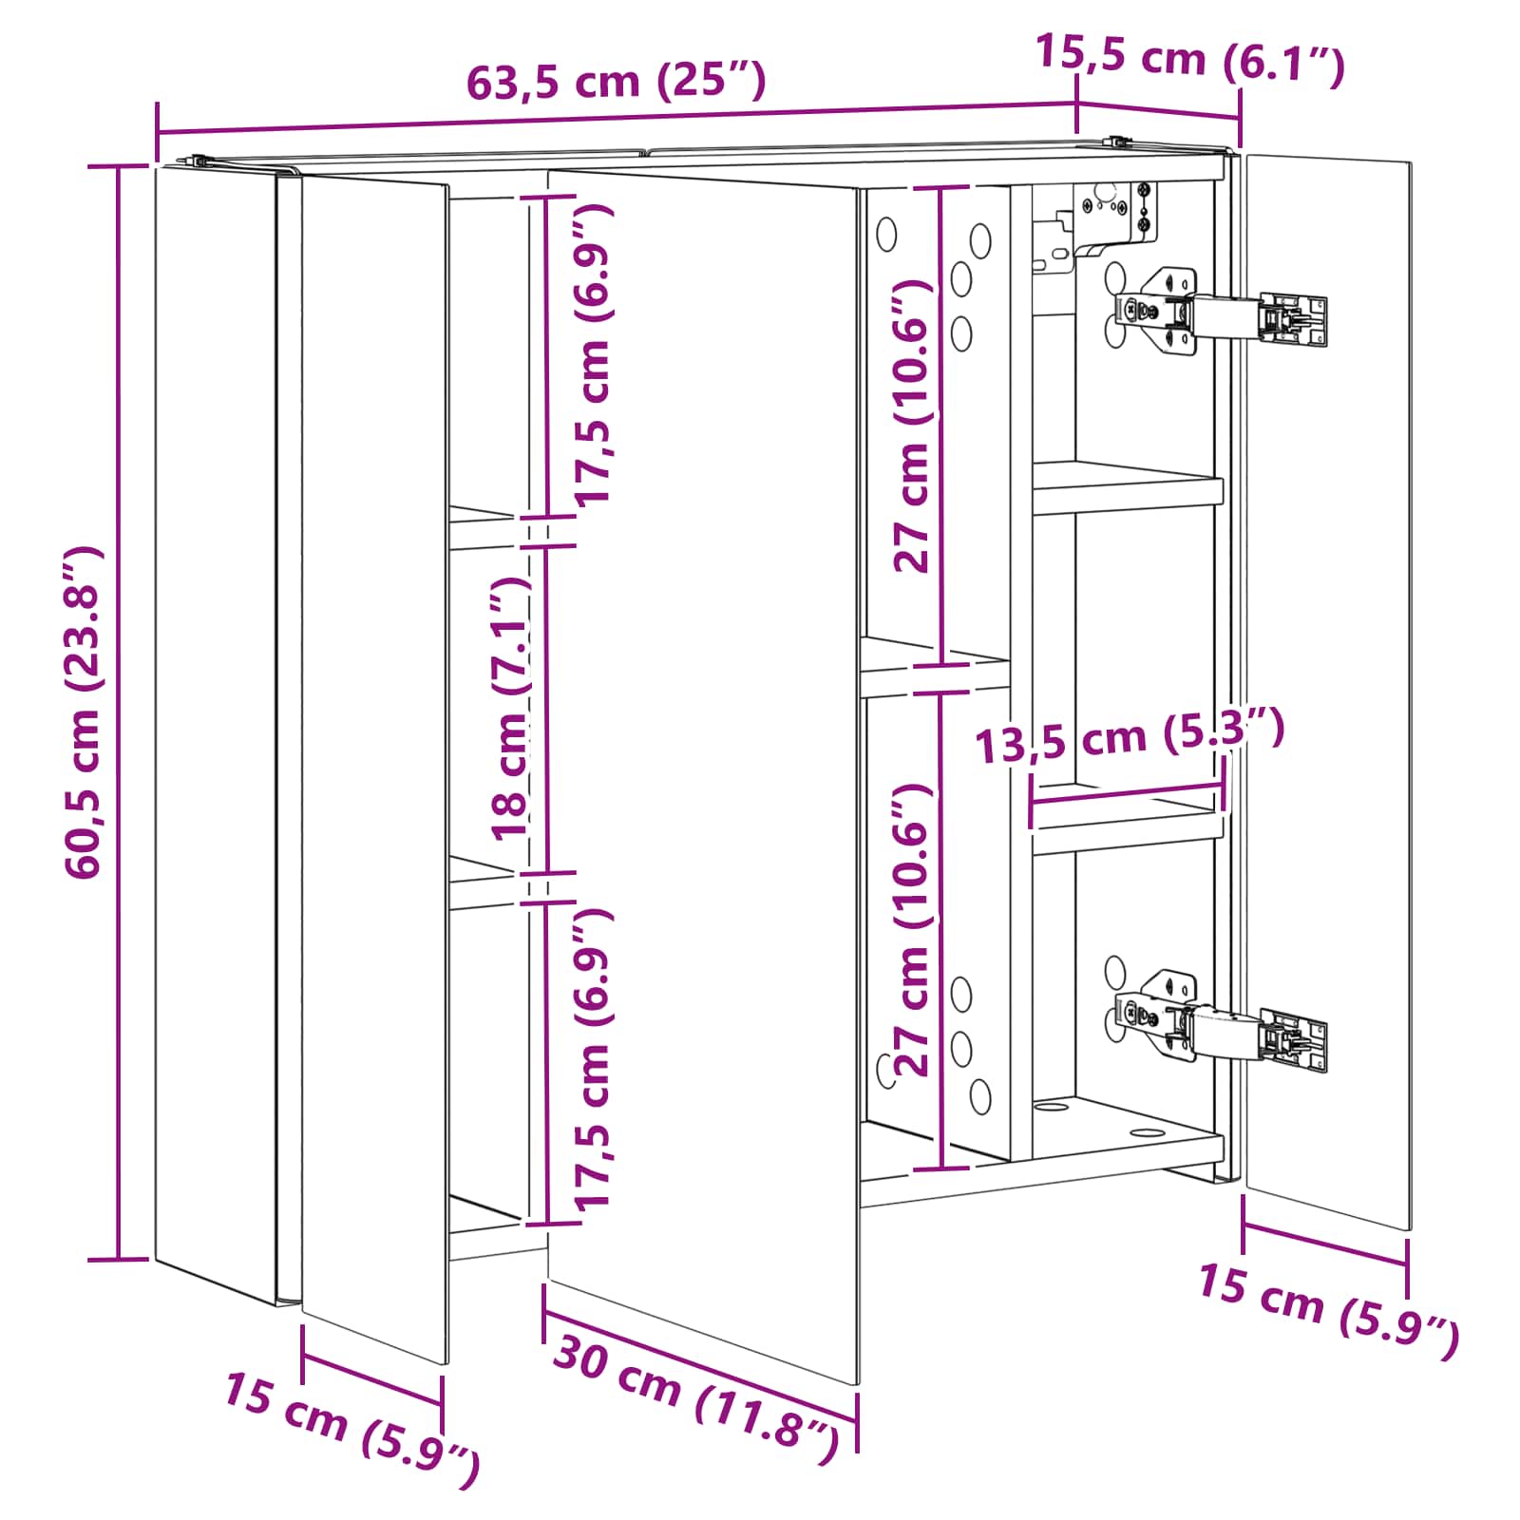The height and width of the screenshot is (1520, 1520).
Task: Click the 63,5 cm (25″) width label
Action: point(616,81)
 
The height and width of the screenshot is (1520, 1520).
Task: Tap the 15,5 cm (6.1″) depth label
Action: point(1189,59)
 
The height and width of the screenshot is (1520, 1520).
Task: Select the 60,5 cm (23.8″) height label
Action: point(83,712)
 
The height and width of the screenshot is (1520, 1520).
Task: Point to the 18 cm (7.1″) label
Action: point(511,709)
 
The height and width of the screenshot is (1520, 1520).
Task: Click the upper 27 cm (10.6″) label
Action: point(913,426)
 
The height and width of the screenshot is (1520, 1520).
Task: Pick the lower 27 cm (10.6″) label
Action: point(913,931)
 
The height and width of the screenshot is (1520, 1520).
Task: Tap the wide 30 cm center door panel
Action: point(703,774)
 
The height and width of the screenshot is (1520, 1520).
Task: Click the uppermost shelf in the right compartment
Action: point(1128,487)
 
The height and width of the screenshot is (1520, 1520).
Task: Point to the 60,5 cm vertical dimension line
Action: point(119,712)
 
